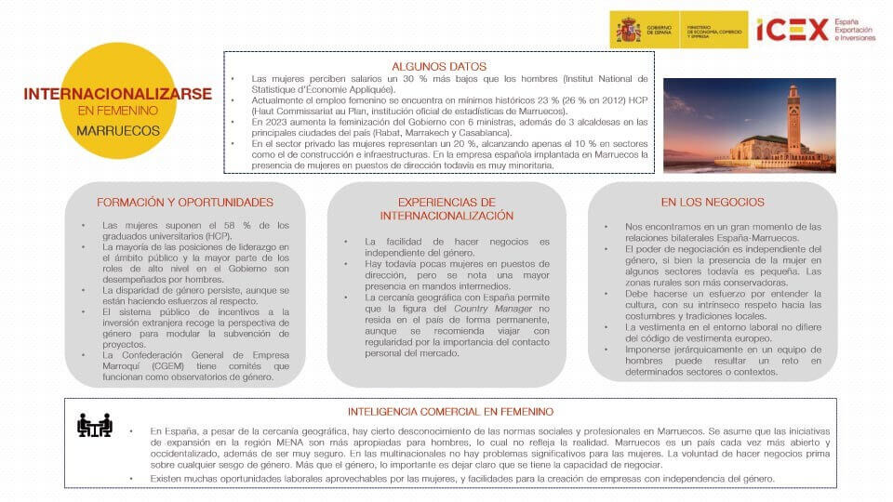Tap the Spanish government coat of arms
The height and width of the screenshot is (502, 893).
(628, 30)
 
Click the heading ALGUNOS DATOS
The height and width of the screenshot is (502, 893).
(439, 66)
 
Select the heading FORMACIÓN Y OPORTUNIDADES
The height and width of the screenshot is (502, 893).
(185, 202)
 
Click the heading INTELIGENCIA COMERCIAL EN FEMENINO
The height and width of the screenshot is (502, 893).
(450, 411)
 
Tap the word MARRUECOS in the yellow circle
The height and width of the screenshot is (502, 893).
(117, 130)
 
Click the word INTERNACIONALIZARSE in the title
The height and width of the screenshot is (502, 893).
(117, 94)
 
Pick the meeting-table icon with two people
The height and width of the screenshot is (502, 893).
(94, 425)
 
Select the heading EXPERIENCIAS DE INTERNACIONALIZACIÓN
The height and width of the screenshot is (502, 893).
(446, 209)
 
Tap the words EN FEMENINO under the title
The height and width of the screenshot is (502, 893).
(117, 112)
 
